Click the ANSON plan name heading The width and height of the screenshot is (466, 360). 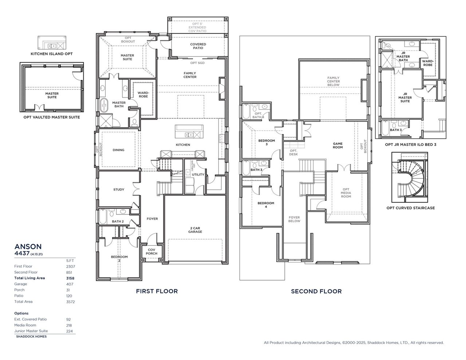28,246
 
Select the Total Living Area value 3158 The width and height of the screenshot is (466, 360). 70,278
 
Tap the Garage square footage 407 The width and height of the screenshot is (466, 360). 69,284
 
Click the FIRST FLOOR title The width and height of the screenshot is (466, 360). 157,291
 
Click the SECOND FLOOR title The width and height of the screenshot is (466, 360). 316,291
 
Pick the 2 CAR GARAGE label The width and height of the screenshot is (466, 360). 195,230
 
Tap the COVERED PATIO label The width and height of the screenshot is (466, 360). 198,46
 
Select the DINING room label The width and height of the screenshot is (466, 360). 118,150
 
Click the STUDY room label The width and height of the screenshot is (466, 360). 119,190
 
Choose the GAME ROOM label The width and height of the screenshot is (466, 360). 337,145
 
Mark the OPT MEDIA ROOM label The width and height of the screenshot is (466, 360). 346,193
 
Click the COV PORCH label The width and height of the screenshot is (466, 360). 152,252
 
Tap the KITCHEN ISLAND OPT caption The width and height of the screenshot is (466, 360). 52,54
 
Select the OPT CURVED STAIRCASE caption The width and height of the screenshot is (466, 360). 410,208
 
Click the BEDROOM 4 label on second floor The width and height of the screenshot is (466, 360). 266,205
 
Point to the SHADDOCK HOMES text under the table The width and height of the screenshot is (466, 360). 31,337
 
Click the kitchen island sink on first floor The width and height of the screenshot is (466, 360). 189,135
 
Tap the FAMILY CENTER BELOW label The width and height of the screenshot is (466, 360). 333,81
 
